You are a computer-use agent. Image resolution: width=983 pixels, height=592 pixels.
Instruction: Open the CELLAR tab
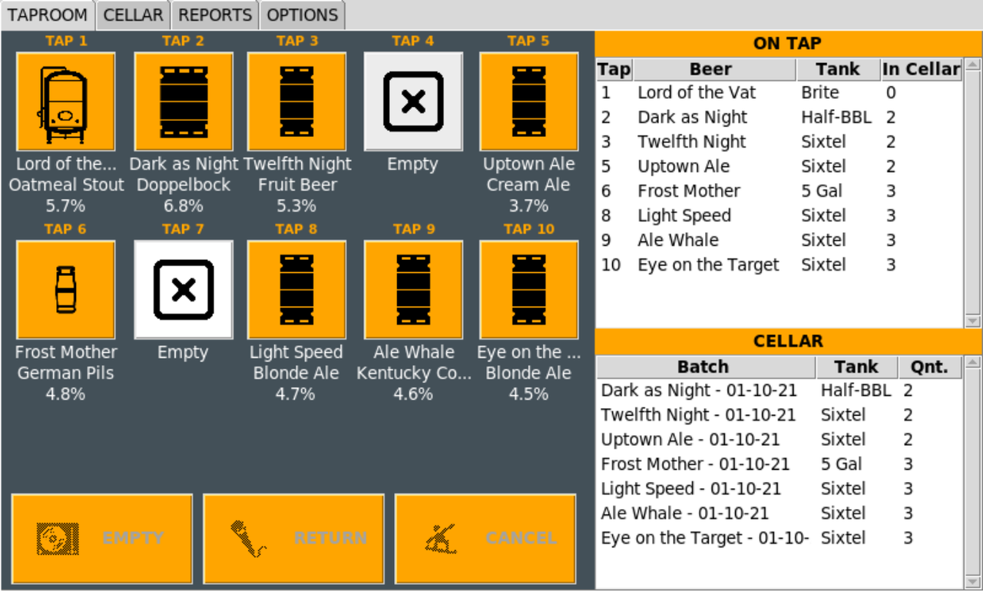pos(134,15)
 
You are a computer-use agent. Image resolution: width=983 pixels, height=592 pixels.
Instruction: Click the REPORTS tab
pos(215,15)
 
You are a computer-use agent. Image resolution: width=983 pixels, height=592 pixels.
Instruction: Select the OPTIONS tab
pos(303,15)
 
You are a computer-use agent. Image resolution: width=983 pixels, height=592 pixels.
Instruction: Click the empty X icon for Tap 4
pos(413,101)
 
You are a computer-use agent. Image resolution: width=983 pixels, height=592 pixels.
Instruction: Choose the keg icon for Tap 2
pos(184,101)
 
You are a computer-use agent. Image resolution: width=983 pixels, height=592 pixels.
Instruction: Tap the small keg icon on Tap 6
pos(65,289)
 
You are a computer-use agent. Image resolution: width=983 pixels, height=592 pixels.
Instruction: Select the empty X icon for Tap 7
pos(184,289)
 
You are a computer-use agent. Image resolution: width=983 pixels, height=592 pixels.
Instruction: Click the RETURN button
pos(293,538)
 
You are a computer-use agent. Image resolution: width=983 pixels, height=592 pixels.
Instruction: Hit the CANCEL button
pos(485,538)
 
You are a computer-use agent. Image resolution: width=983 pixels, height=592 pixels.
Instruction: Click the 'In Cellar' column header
pos(922,69)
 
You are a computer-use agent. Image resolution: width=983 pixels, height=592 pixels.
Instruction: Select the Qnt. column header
pos(930,368)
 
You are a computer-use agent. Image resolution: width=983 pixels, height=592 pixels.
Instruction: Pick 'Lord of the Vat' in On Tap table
pos(697,93)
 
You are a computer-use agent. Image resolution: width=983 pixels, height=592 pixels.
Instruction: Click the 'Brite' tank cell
pos(819,93)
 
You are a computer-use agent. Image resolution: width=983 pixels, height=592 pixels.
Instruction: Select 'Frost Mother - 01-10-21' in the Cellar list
pos(695,464)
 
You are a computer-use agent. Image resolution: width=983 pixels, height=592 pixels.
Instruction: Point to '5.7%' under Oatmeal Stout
pos(65,205)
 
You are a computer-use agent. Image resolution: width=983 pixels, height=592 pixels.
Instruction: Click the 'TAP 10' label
pos(529,229)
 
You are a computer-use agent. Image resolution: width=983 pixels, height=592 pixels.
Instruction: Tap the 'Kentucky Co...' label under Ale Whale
pos(414,373)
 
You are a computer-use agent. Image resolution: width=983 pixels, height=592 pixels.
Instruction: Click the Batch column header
pos(703,368)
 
